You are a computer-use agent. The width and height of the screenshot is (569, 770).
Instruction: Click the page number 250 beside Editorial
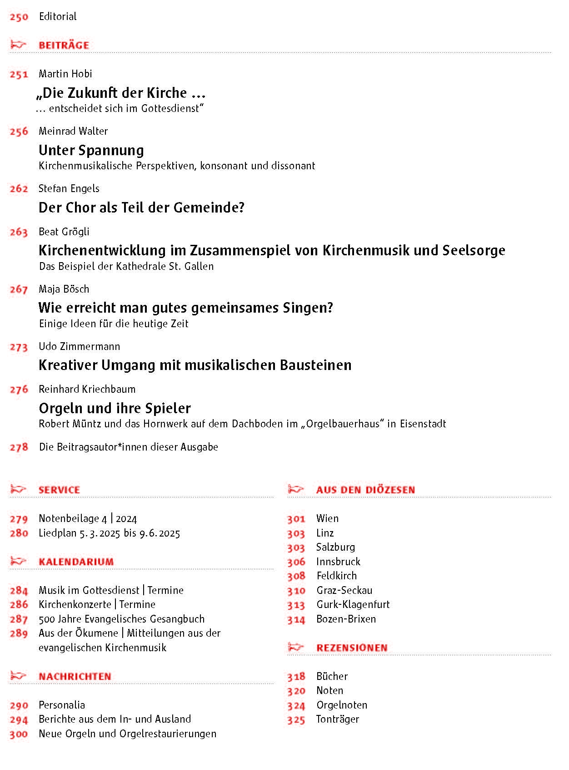[x=19, y=17]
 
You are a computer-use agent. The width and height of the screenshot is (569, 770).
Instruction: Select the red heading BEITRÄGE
[x=64, y=45]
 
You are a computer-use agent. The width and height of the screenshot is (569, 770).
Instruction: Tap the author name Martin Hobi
[x=65, y=74]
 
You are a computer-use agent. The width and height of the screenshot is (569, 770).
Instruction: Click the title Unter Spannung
[x=91, y=150]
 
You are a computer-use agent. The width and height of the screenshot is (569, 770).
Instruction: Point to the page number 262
[x=19, y=189]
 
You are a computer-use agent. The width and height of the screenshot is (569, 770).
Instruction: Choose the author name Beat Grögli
[x=64, y=232]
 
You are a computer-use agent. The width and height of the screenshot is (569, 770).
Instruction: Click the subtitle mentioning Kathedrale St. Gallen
[x=126, y=266]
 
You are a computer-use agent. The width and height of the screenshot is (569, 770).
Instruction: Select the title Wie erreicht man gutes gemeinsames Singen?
[x=186, y=308]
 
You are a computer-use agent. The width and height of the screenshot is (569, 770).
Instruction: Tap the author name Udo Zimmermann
[x=80, y=346]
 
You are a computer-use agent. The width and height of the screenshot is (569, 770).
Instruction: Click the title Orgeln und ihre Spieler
[x=115, y=408]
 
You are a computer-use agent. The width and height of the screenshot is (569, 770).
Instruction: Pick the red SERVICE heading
[x=59, y=490]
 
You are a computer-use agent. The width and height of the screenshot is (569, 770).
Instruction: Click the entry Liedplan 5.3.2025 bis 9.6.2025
[x=110, y=533]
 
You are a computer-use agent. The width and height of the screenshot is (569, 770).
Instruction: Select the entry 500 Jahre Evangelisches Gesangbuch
[x=122, y=619]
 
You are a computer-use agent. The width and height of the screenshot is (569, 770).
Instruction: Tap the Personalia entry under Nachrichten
[x=62, y=705]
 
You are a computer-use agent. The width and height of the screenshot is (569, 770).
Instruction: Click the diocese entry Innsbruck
[x=338, y=562]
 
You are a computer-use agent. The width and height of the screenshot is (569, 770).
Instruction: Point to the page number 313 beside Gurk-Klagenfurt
[x=296, y=605]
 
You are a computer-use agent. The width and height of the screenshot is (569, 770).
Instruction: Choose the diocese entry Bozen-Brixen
[x=346, y=619]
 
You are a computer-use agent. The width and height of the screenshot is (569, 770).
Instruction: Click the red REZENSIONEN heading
[x=352, y=648]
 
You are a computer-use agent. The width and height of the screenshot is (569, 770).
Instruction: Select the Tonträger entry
[x=338, y=719]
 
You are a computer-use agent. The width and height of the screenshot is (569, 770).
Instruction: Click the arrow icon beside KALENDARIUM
[x=18, y=561]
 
